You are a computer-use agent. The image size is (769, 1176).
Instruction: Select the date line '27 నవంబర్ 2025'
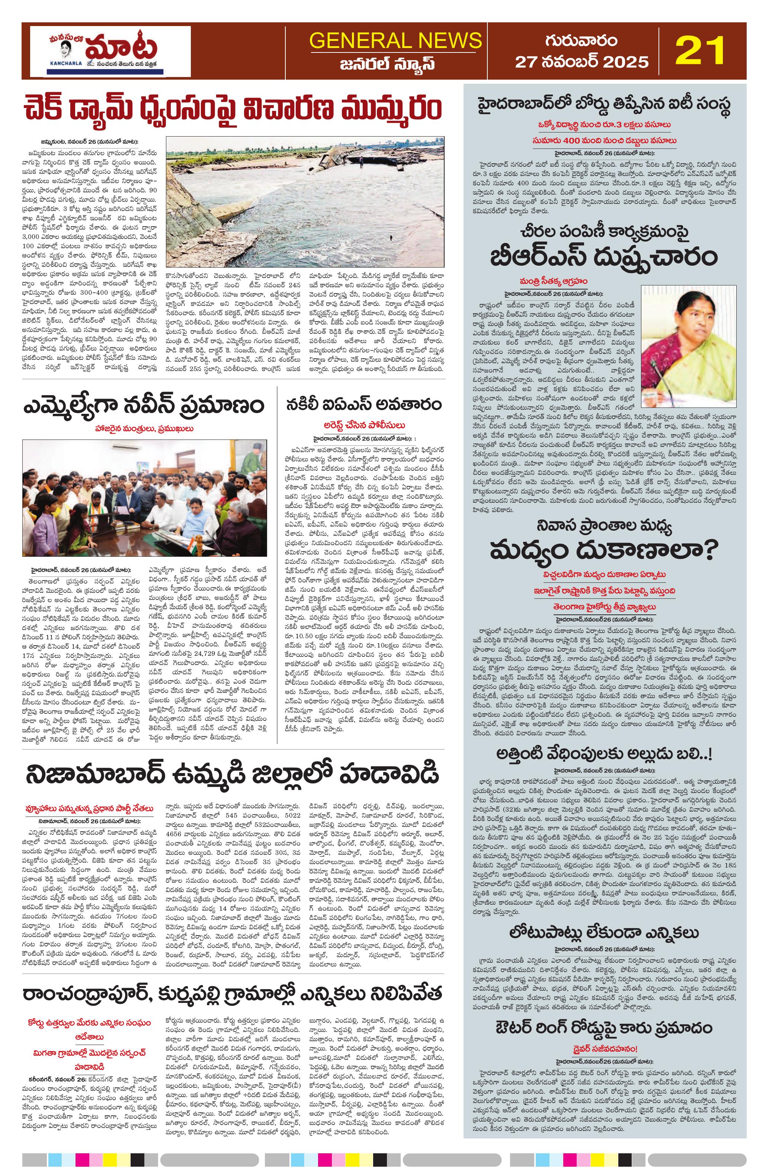click(581, 62)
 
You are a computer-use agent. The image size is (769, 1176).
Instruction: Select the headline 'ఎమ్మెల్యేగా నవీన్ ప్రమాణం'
click(143, 407)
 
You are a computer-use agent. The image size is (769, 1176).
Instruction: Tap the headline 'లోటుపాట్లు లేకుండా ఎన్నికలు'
click(604, 932)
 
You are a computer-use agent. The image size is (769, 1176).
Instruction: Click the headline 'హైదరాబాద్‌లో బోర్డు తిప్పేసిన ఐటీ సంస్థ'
click(604, 106)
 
